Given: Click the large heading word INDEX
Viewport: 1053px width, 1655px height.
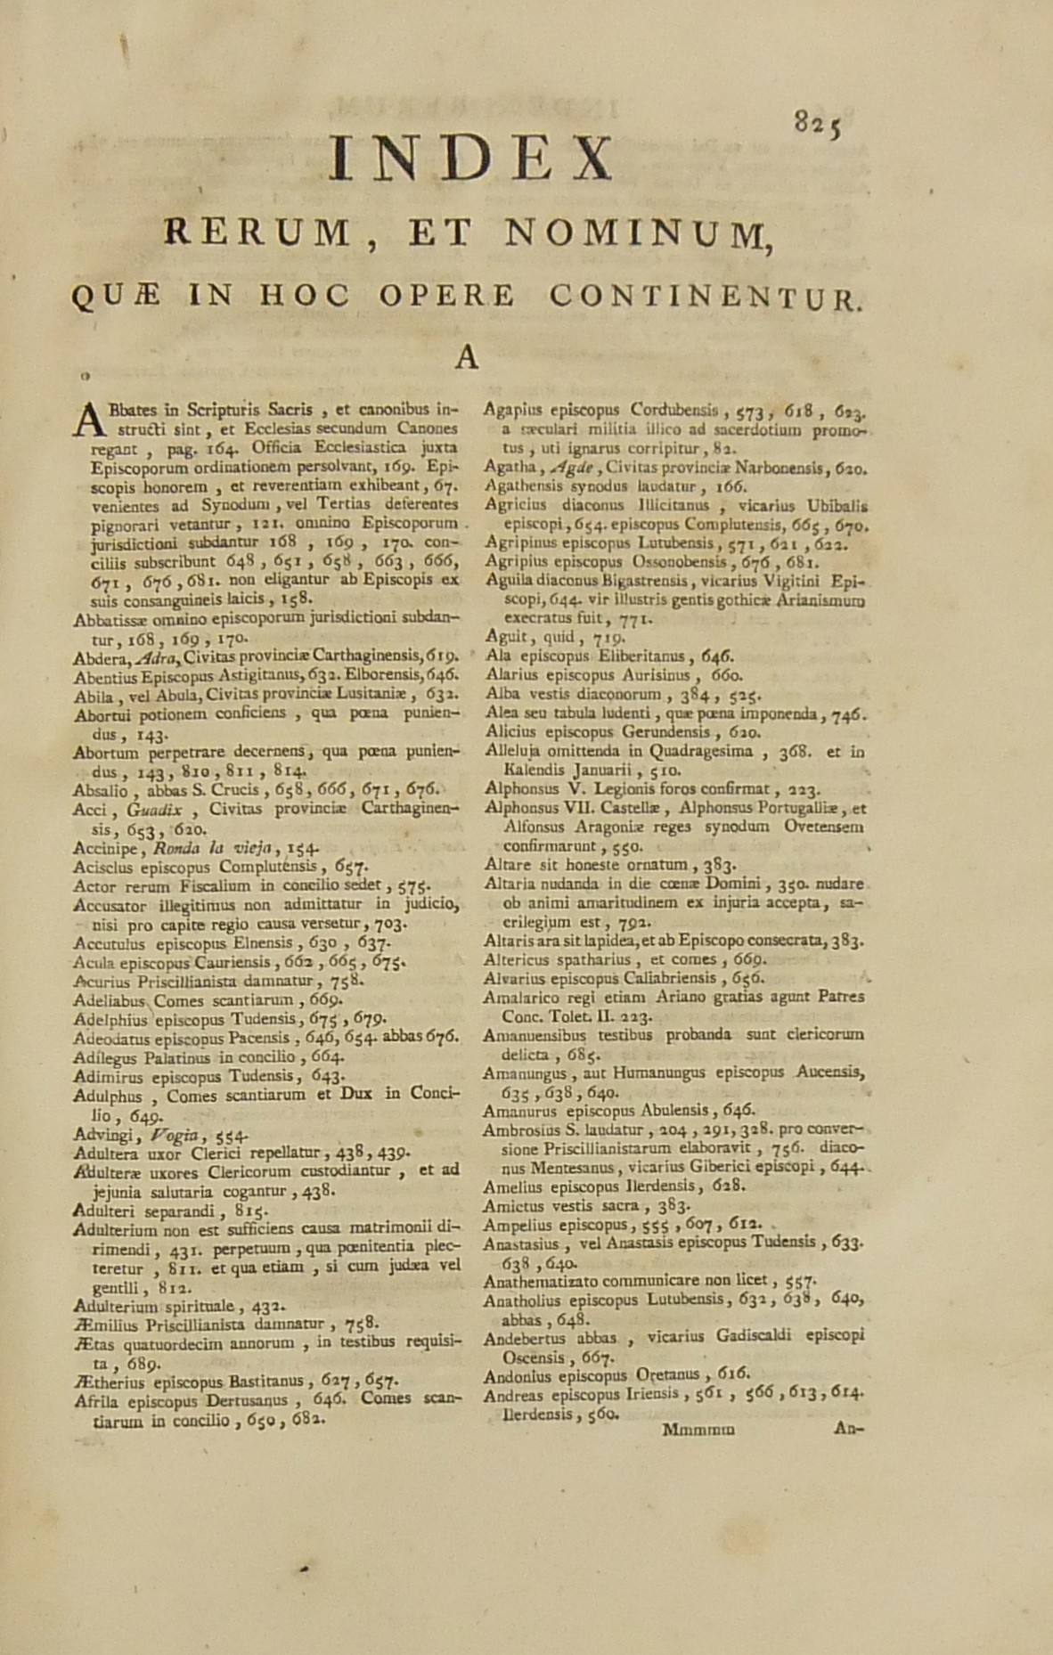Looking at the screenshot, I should click(471, 159).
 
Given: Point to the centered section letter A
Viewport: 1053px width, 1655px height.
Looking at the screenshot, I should click(468, 356).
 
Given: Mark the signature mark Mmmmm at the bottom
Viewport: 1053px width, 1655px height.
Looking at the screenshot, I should click(698, 1431).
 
